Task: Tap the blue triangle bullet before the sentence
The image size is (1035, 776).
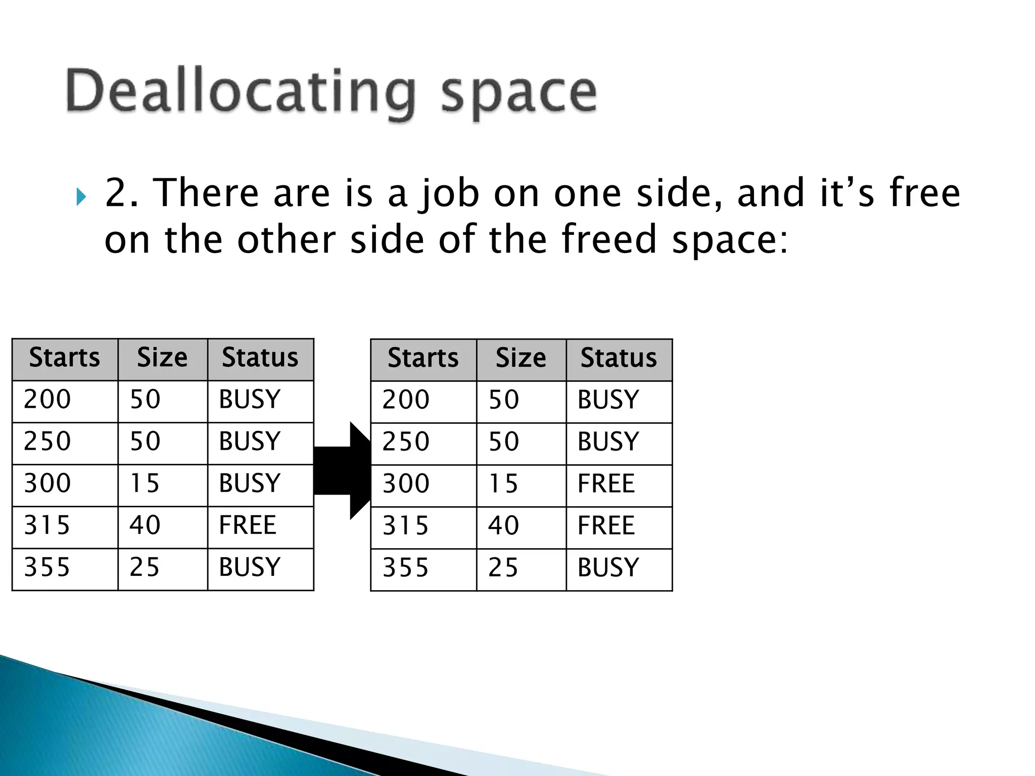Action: tap(81, 197)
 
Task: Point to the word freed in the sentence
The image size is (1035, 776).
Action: tap(608, 239)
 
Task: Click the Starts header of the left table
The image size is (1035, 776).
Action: tap(65, 358)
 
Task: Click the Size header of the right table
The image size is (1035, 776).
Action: tap(521, 359)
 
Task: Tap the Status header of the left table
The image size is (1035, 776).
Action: tap(260, 358)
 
